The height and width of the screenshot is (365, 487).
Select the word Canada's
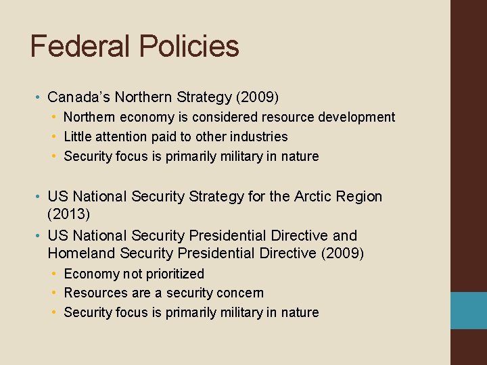(78, 97)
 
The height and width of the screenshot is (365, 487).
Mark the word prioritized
(172, 274)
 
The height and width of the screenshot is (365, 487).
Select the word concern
(240, 293)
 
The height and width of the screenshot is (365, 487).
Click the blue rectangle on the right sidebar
(469, 310)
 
